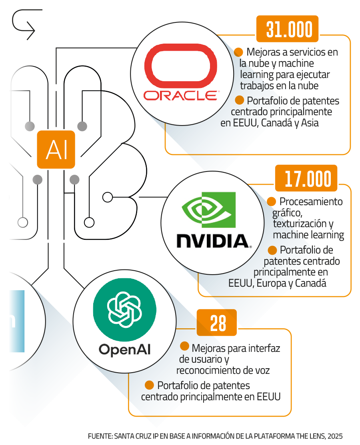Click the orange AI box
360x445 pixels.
[x=56, y=149]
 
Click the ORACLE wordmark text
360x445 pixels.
[x=180, y=95]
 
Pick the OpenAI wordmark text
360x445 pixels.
[x=125, y=349]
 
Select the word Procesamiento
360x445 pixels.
[x=311, y=202]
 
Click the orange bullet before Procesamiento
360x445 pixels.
[x=272, y=201]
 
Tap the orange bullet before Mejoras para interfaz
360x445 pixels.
[x=184, y=346]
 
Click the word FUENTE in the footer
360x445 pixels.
[x=100, y=436]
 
